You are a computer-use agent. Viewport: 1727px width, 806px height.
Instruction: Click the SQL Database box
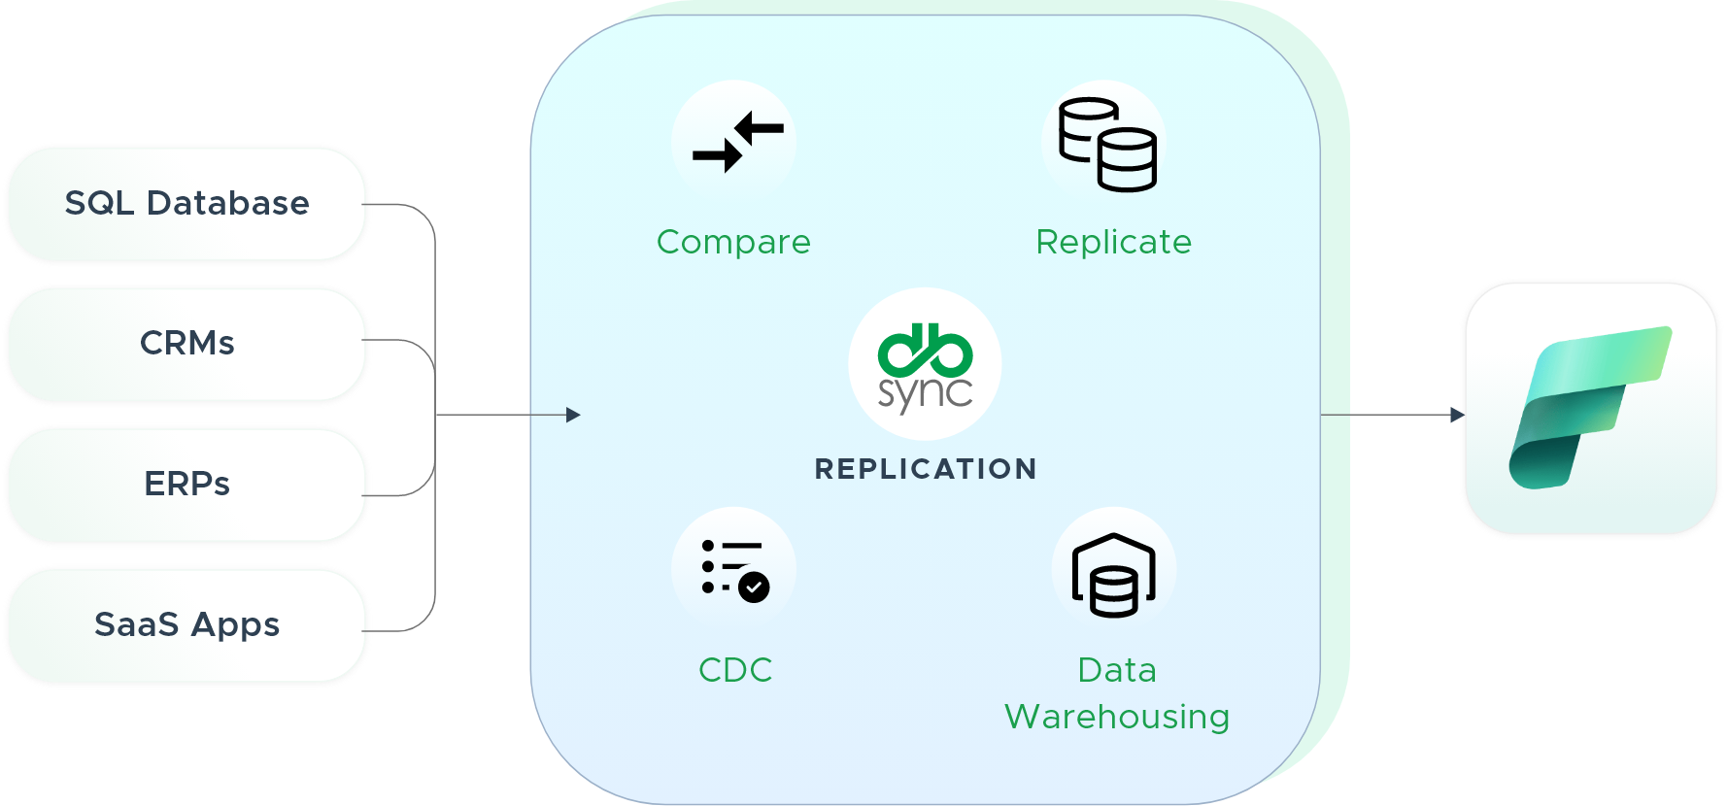click(187, 204)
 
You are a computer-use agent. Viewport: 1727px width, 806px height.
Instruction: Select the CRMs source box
click(187, 344)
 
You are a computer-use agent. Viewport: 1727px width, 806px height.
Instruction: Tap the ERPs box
click(187, 485)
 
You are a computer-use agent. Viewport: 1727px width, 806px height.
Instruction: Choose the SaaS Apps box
click(187, 625)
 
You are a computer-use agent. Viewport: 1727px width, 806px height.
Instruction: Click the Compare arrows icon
click(736, 142)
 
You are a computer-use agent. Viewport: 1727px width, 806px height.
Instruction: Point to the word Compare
click(733, 242)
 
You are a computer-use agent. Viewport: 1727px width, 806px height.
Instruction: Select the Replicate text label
click(1113, 242)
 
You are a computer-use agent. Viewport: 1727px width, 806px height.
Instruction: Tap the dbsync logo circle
click(925, 364)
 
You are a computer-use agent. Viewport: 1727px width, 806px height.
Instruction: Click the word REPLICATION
click(926, 469)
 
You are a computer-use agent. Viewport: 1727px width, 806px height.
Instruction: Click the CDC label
click(735, 670)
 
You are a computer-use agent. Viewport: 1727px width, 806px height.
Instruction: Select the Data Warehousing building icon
click(1114, 574)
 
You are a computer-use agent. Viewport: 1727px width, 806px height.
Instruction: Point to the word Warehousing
click(1117, 717)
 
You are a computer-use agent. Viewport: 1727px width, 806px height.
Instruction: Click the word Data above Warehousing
click(1117, 670)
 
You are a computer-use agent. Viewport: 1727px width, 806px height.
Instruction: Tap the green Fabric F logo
click(1589, 408)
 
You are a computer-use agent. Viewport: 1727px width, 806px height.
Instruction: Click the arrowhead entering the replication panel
click(573, 415)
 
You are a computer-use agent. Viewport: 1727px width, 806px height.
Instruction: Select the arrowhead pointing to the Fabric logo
click(1456, 415)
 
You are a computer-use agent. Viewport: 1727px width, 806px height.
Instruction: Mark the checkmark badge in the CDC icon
click(754, 587)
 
